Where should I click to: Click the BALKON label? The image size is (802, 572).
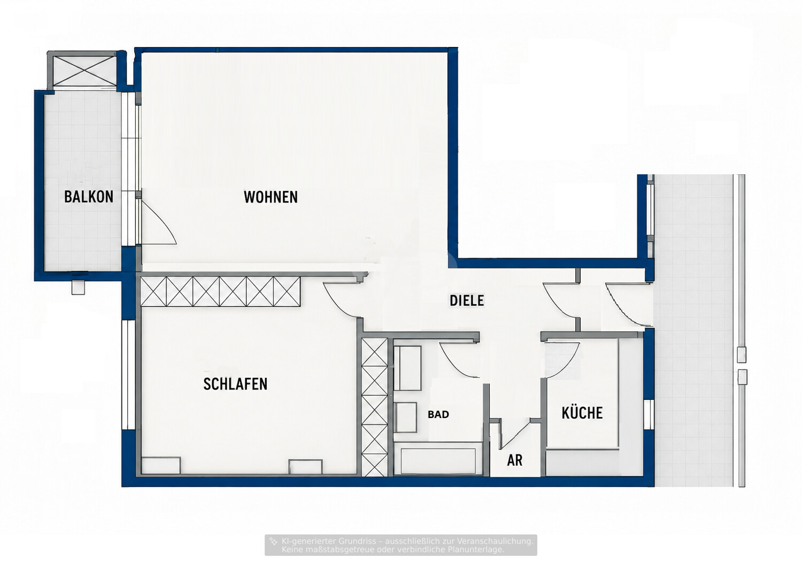click(x=89, y=197)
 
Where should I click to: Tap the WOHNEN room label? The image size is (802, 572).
click(x=271, y=197)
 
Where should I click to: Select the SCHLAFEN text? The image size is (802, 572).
click(x=235, y=384)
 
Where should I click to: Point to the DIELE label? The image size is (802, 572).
click(x=467, y=300)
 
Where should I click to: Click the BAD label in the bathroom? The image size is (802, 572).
click(x=438, y=414)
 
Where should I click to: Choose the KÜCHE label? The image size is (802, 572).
click(x=582, y=413)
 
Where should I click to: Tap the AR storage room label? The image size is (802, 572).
click(x=514, y=461)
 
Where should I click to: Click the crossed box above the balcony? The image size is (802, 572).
click(x=84, y=71)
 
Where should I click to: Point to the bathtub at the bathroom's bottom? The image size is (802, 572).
click(x=438, y=461)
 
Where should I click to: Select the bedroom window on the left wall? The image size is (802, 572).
click(x=128, y=375)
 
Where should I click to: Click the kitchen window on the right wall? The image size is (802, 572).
click(x=649, y=414)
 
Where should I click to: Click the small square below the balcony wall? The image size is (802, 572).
click(x=78, y=288)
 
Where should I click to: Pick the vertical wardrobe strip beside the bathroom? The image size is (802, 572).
click(x=375, y=407)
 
